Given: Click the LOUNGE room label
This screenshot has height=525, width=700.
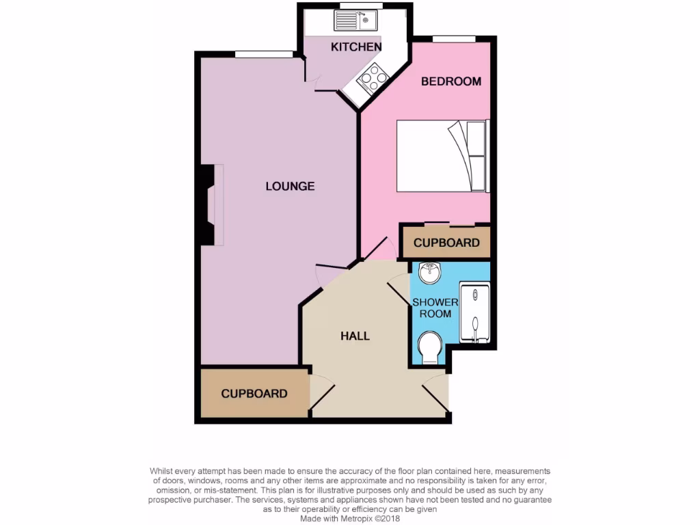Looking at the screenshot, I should [x=290, y=186].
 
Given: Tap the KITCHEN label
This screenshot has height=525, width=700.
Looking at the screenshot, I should [x=355, y=46].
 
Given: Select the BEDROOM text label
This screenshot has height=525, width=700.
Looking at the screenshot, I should [x=450, y=81].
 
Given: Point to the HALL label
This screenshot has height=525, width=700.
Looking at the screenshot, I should [x=355, y=336].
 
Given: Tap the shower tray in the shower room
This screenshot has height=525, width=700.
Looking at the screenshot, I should [x=473, y=312].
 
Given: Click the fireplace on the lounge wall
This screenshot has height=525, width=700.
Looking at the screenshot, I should [x=207, y=204].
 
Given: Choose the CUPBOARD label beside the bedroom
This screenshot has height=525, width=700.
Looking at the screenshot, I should [x=446, y=243].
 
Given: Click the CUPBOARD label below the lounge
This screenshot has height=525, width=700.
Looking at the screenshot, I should [x=254, y=394].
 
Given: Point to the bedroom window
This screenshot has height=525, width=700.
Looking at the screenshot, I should [x=455, y=38].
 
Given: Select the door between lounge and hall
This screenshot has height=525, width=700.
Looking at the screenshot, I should [x=332, y=268].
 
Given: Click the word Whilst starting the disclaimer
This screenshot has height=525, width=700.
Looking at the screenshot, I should [x=163, y=471].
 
